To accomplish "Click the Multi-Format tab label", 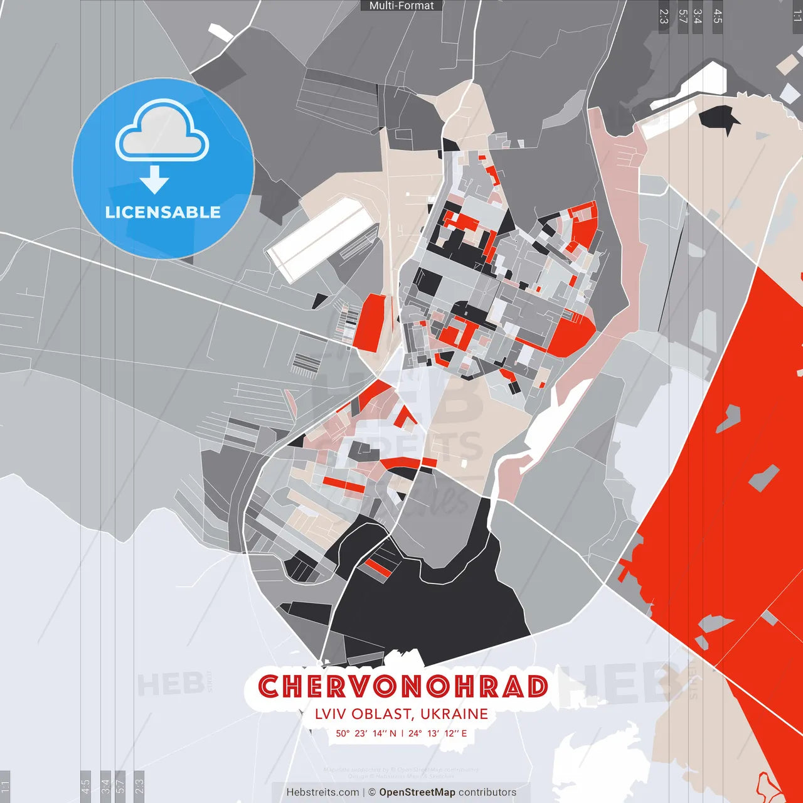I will (401, 6).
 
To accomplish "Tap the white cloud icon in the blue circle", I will (162, 133).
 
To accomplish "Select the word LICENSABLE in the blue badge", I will (163, 212).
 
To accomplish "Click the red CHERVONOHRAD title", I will (403, 686).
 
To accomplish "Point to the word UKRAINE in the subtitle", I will (454, 714).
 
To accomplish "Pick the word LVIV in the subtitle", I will (331, 714).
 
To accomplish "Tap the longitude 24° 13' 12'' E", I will (438, 733).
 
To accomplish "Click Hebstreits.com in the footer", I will (322, 792).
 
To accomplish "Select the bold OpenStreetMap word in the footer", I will (417, 792).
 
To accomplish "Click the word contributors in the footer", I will (487, 792).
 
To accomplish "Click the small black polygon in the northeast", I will (719, 118).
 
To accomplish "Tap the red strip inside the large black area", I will (378, 568).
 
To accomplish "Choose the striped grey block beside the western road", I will (305, 363).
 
